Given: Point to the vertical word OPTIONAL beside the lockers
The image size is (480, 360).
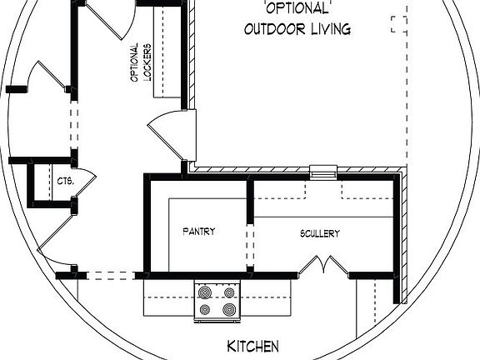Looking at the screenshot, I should [133, 62].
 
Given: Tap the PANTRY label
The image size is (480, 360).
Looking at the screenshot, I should [199, 232].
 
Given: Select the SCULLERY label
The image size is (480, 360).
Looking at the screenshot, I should [320, 234].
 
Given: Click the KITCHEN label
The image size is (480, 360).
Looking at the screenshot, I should [252, 346].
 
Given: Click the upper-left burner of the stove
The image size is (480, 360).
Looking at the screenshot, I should [206, 292].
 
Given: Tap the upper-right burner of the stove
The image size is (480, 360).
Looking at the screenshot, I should [227, 292].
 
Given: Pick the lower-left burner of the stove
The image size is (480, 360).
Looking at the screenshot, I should [206, 310].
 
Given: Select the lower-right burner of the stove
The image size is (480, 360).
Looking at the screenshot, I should [227, 310].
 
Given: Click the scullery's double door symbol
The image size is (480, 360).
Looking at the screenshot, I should [321, 266].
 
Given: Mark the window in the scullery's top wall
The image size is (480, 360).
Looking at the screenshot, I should [322, 172].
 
